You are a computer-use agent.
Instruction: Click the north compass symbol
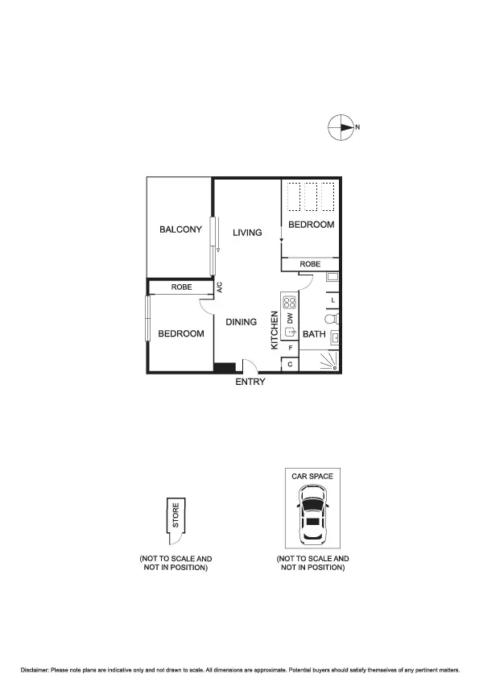[341, 127]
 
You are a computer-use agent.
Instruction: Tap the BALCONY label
[180, 229]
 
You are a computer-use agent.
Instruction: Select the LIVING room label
[247, 233]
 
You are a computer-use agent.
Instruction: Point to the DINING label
[241, 322]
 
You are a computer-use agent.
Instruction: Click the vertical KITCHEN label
[275, 330]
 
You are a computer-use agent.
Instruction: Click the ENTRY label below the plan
[250, 382]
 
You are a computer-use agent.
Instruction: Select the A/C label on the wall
[219, 287]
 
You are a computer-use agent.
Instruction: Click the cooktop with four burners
[290, 304]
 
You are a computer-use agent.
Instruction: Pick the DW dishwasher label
[290, 319]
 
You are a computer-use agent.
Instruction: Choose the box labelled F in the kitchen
[290, 348]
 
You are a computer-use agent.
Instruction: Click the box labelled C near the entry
[290, 365]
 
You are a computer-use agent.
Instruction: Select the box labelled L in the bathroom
[332, 300]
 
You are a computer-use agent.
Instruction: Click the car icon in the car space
[312, 521]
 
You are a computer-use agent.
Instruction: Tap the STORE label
[175, 515]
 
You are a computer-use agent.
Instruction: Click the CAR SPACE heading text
[312, 476]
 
